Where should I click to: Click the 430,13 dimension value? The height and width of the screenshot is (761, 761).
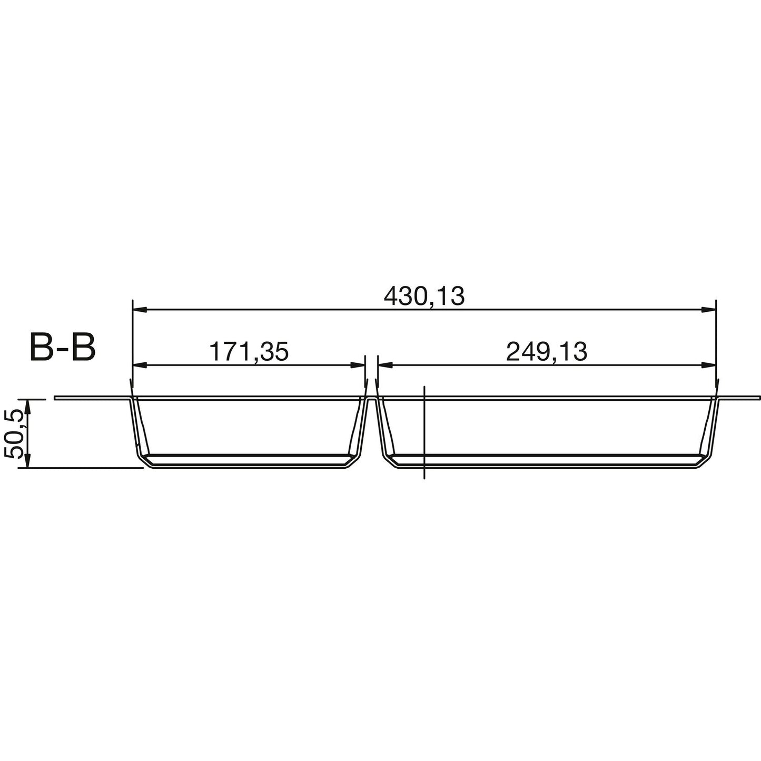click(x=424, y=297)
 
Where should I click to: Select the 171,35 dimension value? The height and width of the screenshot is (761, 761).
click(x=249, y=352)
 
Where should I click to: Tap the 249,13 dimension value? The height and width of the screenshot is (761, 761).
click(x=546, y=352)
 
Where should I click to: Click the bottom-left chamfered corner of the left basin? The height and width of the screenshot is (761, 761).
click(x=145, y=462)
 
